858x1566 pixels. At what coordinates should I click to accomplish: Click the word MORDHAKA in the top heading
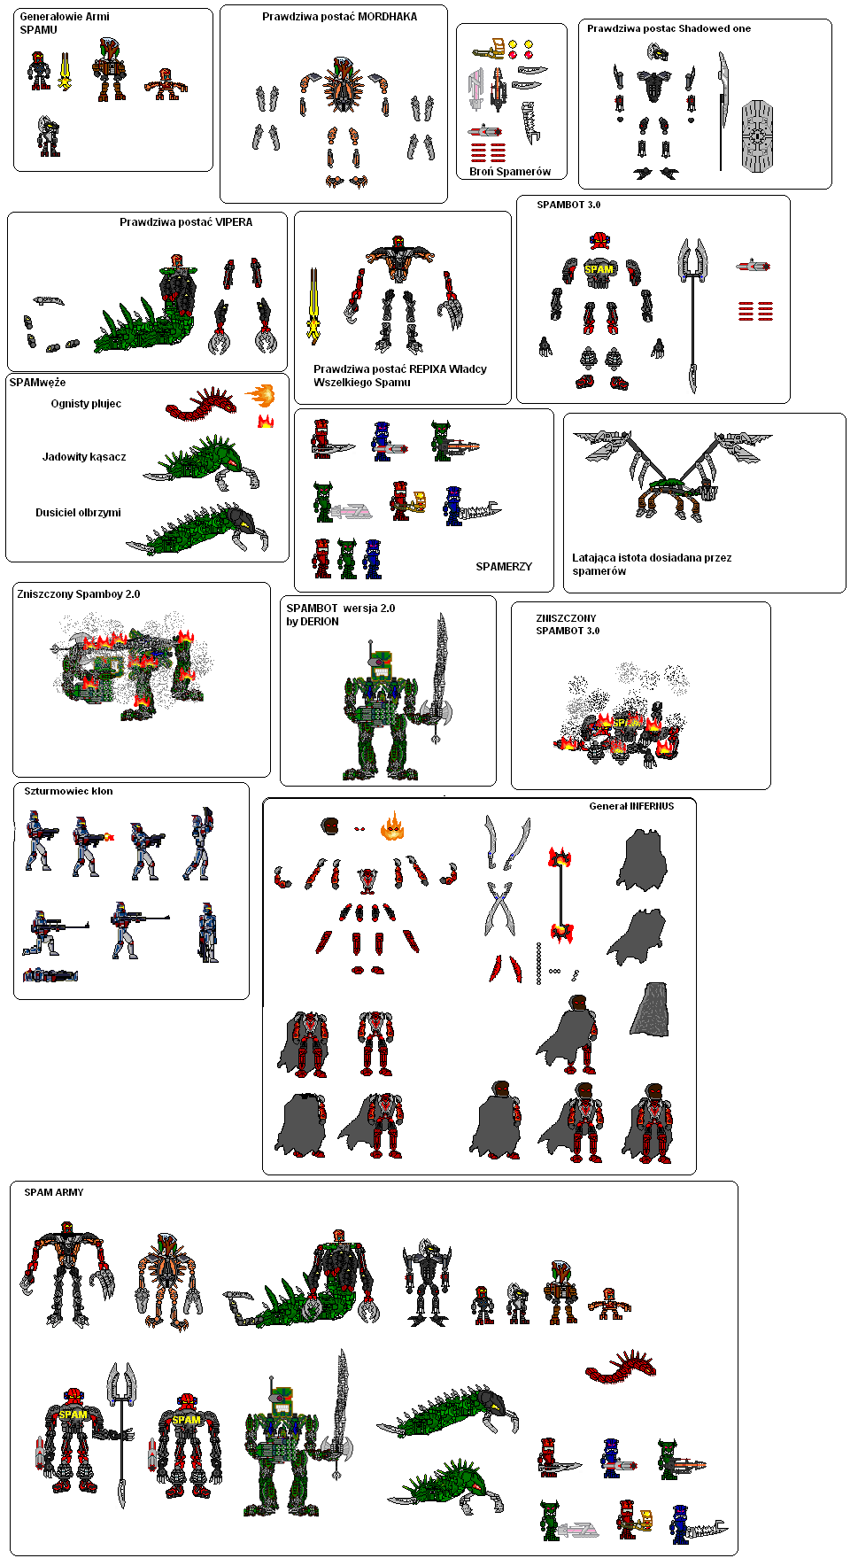point(387,17)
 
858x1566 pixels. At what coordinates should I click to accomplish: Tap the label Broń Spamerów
point(510,172)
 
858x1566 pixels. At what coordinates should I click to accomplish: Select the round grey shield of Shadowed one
point(757,136)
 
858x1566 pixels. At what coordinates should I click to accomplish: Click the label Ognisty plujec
point(86,404)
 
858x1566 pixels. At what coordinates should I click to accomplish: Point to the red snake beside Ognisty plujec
point(202,404)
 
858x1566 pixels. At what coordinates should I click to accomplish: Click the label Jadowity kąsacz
point(84,457)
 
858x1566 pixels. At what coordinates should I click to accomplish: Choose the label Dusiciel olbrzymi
point(78,513)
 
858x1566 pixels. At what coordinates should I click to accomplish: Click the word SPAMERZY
point(504,567)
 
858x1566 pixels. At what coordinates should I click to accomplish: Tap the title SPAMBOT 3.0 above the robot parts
point(568,205)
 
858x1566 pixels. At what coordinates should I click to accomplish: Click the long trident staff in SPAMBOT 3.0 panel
point(692,315)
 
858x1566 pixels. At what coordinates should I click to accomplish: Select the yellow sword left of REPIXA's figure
point(313,306)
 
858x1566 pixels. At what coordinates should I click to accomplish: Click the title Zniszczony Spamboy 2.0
point(79,594)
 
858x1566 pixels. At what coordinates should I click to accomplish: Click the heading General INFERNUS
point(631,806)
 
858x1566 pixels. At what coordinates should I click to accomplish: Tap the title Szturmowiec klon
point(68,792)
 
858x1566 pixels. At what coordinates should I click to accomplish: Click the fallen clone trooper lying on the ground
point(50,975)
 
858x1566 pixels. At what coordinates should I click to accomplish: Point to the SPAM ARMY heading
point(54,1192)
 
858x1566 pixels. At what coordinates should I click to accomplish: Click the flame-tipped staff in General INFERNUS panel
point(560,895)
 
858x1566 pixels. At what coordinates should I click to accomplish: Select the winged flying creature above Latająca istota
point(673,474)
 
